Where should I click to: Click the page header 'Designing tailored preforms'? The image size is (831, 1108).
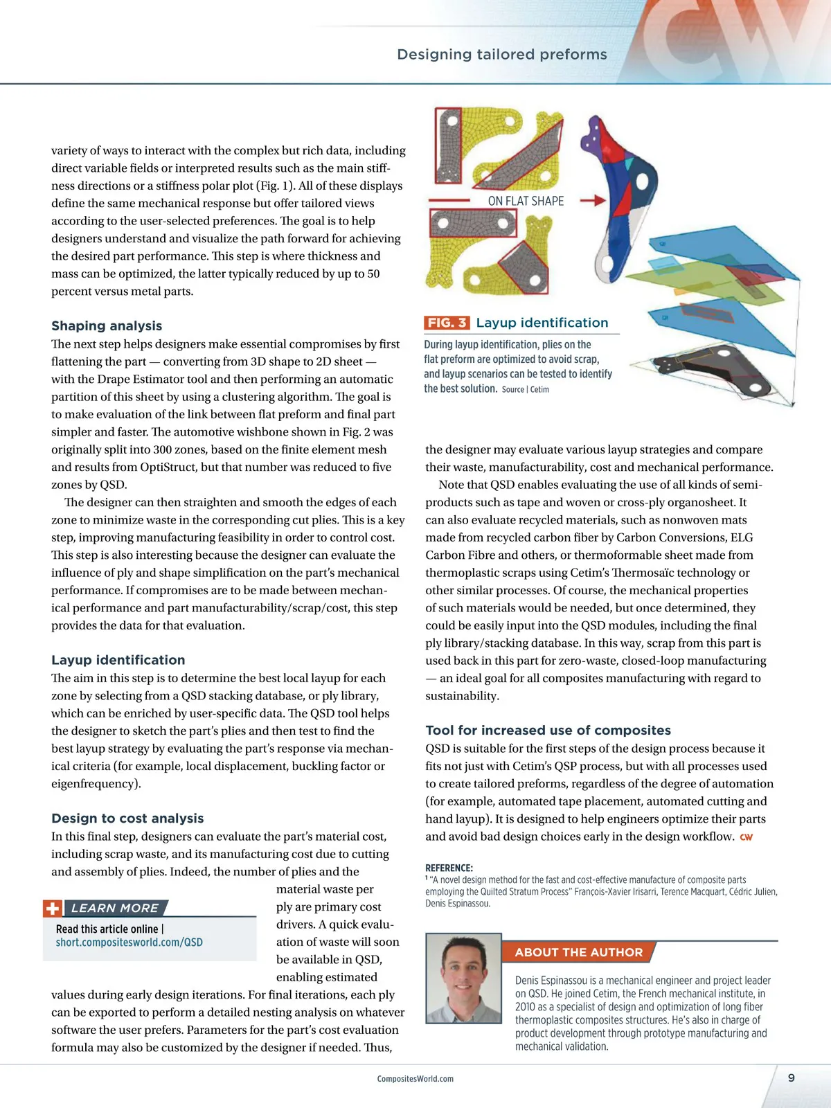coord(501,55)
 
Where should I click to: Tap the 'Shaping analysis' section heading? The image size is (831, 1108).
coord(107,326)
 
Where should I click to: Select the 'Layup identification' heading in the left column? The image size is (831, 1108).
coord(118,660)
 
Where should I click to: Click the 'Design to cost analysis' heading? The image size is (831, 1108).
coord(127,819)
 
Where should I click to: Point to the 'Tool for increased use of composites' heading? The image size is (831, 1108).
coord(548,731)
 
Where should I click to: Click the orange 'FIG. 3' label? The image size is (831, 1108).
coord(447,323)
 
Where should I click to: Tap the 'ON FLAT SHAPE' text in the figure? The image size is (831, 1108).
coord(526,202)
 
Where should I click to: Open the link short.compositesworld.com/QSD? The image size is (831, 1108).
coord(129,942)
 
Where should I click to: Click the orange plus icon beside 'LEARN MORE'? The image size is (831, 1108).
coord(52,909)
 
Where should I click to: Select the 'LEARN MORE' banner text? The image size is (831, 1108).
coord(115,909)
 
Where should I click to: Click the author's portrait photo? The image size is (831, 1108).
coord(463,978)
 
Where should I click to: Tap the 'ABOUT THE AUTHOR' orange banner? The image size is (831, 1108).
coord(578,952)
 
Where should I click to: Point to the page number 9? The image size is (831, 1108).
coord(792,1078)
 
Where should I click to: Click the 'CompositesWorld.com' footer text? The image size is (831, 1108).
coord(415,1079)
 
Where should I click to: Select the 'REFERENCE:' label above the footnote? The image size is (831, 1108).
coord(449,868)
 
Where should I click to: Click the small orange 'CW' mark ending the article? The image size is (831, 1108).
coord(746,837)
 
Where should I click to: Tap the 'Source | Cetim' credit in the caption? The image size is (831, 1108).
coord(525,390)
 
